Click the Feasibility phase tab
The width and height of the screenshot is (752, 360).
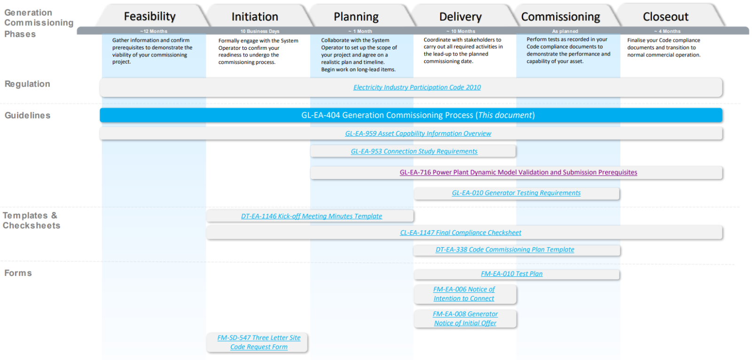(x=149, y=16)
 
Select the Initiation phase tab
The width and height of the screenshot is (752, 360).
(x=255, y=17)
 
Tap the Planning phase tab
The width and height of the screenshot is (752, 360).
(x=356, y=17)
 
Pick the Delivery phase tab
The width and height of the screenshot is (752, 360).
(x=460, y=17)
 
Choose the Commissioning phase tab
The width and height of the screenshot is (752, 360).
(x=560, y=17)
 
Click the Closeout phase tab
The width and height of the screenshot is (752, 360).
(x=665, y=17)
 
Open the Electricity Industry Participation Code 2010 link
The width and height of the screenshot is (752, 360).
(x=417, y=87)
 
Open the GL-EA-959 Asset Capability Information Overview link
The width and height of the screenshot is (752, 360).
(x=418, y=133)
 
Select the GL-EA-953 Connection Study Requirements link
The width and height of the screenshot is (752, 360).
(x=414, y=151)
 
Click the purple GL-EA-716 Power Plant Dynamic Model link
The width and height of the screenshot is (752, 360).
(x=518, y=172)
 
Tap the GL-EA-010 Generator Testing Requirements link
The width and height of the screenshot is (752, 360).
(x=516, y=193)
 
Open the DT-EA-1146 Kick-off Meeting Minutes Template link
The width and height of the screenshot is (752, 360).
(x=311, y=216)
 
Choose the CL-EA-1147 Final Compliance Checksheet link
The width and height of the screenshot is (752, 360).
(x=460, y=233)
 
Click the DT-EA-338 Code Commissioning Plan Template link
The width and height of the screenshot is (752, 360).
(x=504, y=250)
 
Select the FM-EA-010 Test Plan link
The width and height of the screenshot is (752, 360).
(x=511, y=274)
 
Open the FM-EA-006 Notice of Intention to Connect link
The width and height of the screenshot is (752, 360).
(x=464, y=294)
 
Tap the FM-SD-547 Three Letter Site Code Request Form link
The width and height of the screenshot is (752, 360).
(x=258, y=342)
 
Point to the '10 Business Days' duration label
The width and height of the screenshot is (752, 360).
(x=260, y=31)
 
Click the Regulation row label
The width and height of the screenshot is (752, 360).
(x=27, y=84)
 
